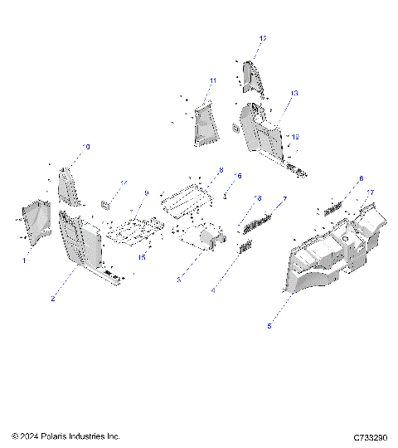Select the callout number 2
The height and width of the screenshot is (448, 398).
coord(53,298)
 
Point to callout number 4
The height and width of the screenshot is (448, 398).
coord(214,290)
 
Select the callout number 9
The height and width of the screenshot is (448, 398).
coord(145,192)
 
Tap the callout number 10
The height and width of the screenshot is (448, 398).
coord(87,146)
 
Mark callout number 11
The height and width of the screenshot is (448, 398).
coord(212,80)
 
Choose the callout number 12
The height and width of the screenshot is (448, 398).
coord(263,38)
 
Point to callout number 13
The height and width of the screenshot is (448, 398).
coord(294,93)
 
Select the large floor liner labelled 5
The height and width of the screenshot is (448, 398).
coord(332,257)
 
